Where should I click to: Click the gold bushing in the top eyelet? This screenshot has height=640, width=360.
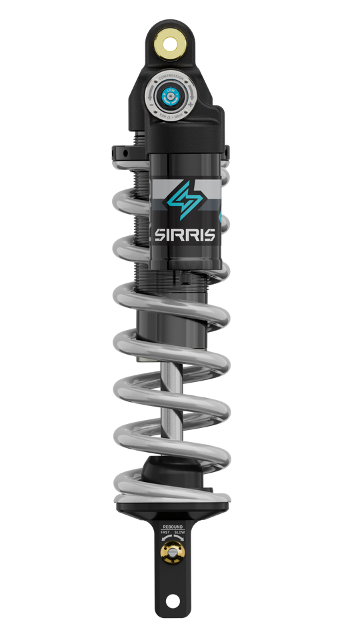pos(172,45)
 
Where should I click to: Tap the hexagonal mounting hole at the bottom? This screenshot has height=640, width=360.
pos(172,601)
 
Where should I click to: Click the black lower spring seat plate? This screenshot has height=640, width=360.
pos(172,510)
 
